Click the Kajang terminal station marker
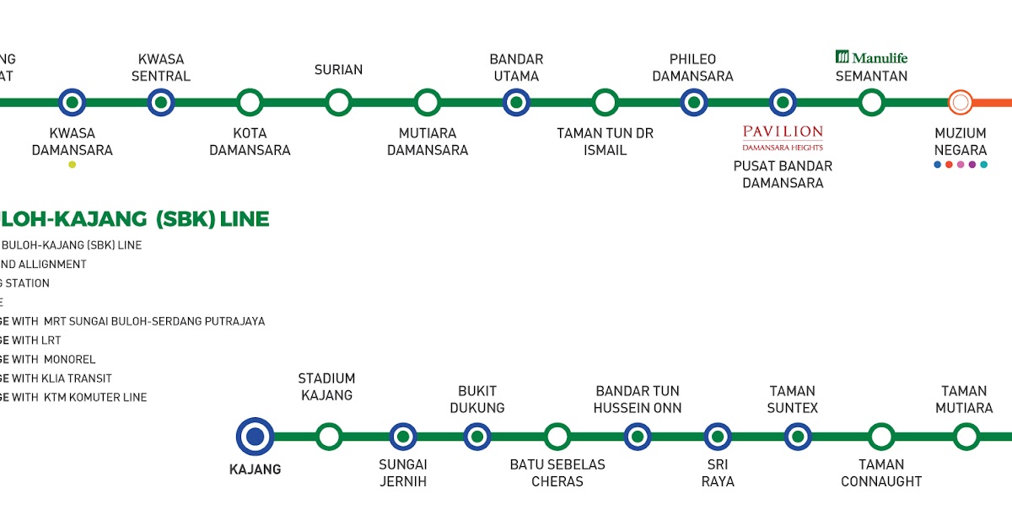[x=255, y=437]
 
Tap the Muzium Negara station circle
[x=960, y=103]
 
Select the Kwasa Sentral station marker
[x=160, y=103]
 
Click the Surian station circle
[x=338, y=103]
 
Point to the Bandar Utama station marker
[x=516, y=103]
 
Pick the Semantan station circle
[x=871, y=103]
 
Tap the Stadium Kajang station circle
[x=329, y=437]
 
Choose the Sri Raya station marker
[x=718, y=437]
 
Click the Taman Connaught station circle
[x=881, y=437]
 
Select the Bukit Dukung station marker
[x=476, y=437]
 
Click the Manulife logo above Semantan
[x=871, y=57]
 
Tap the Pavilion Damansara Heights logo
[x=783, y=136]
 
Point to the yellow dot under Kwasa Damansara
[x=72, y=164]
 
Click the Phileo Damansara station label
[x=692, y=67]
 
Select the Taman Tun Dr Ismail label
[x=605, y=142]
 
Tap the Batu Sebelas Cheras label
[x=557, y=473]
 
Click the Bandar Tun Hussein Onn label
[x=638, y=400]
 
